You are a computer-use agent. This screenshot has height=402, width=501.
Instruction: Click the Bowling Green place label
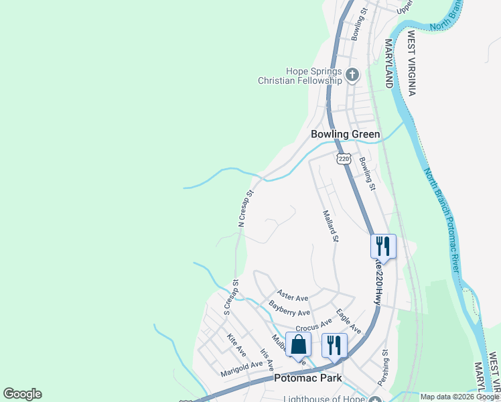click(x=345, y=134)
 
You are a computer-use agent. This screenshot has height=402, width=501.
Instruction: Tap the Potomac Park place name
click(x=308, y=378)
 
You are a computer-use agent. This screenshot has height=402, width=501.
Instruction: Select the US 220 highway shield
click(x=344, y=159)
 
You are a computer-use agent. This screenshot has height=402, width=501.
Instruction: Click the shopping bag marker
click(x=299, y=345)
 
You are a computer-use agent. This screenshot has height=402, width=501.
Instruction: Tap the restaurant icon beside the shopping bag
click(x=334, y=345)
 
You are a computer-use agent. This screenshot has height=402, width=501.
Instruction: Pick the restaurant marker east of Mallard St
click(x=383, y=245)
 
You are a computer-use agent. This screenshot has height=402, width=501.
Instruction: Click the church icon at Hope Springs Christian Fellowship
click(x=353, y=74)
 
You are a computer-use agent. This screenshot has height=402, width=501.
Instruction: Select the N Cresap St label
click(x=246, y=208)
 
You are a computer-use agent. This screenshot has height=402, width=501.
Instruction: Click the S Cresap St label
click(x=231, y=297)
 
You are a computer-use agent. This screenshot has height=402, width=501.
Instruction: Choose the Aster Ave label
click(x=293, y=297)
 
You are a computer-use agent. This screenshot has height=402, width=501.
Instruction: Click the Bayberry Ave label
click(x=289, y=309)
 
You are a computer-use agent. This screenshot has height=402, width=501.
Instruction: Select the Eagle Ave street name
click(x=348, y=321)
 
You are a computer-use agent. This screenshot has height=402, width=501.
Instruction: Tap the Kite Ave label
click(x=236, y=345)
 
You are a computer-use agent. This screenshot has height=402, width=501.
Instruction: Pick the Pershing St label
click(x=383, y=366)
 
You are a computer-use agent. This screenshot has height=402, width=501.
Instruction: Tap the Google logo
click(x=22, y=394)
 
